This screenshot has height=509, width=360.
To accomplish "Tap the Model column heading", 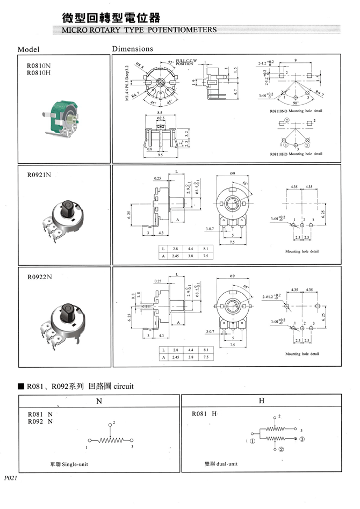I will point(29,49).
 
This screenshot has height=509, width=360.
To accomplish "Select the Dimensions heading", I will point(132,49).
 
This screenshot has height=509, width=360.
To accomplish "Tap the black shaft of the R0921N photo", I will point(69,207).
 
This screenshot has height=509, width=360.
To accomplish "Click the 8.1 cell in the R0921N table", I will point(205,249).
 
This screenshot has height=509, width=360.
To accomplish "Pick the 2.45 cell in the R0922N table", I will point(173,357).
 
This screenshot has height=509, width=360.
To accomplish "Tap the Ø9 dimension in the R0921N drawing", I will point(232,173).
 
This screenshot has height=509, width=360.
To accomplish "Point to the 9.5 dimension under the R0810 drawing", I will point(160,155).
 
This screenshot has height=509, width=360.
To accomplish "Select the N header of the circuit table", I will point(99,401).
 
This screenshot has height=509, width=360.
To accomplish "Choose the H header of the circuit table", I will point(261,401).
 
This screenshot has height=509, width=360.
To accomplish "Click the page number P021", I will point(11,477).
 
